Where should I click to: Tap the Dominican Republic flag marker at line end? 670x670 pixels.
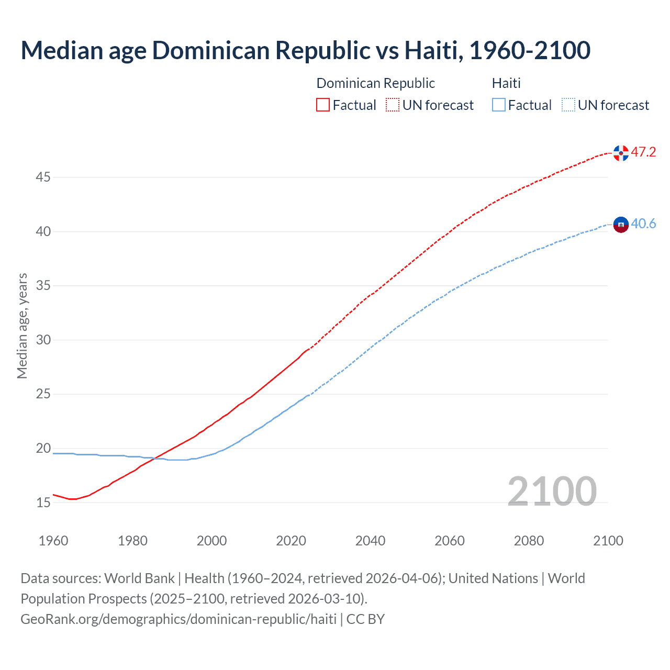click(621, 153)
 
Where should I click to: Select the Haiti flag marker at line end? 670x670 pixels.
click(621, 225)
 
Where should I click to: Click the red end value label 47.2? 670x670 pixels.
click(643, 152)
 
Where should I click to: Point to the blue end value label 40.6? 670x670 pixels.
click(643, 224)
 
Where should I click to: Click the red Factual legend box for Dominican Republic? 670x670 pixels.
click(323, 105)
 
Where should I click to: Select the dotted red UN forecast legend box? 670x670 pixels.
click(393, 105)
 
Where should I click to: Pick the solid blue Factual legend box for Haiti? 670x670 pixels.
click(499, 105)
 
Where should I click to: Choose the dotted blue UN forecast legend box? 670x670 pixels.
click(568, 105)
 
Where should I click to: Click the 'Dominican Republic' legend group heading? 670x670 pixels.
click(375, 83)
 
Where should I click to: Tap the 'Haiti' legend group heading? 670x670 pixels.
click(506, 83)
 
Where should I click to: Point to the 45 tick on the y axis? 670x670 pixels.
click(43, 177)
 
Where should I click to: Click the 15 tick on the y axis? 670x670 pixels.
click(43, 502)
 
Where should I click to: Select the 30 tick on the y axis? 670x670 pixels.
click(43, 340)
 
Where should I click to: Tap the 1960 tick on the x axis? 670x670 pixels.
click(53, 541)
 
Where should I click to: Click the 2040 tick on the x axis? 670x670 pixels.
click(370, 541)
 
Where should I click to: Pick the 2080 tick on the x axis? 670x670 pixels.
click(529, 541)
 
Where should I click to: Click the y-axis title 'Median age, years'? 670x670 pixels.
click(22, 326)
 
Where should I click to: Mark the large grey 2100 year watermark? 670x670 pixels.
click(552, 491)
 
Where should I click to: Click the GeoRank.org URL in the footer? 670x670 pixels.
click(178, 619)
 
